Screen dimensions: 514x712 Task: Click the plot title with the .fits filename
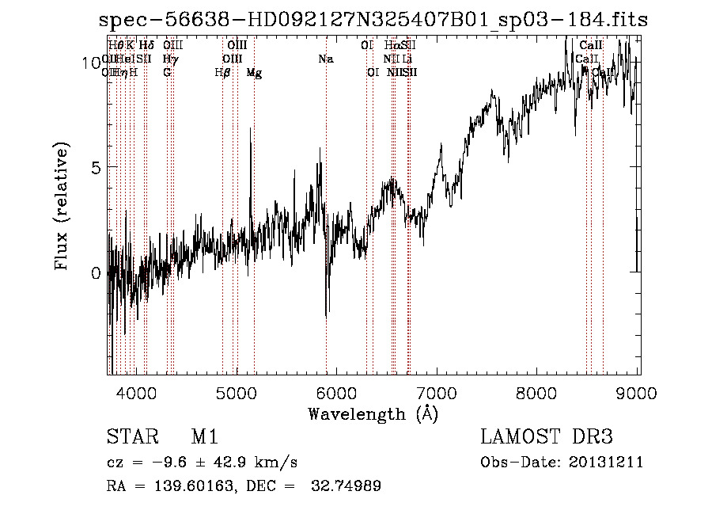[x=373, y=20]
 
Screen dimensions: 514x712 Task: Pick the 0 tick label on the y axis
[x=97, y=273]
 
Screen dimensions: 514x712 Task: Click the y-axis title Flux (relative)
[x=62, y=206]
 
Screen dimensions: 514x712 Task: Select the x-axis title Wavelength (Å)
[x=373, y=413]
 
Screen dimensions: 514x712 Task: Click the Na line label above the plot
[x=326, y=59]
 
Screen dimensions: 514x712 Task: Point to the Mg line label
[x=254, y=73]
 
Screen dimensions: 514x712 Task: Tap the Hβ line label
[x=222, y=73]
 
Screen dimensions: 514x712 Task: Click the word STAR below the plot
[x=128, y=437]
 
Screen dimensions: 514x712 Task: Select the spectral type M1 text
[x=204, y=437]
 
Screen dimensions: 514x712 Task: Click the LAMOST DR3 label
[x=547, y=437]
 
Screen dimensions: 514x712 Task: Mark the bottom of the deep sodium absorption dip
[x=327, y=317]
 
